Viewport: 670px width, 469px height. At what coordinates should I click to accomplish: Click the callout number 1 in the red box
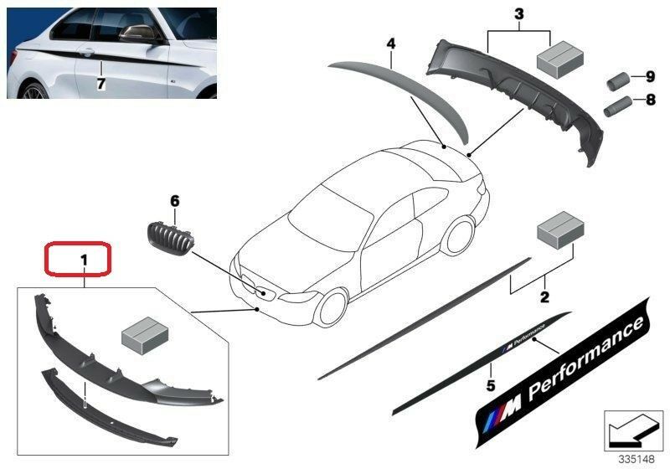pos(84,260)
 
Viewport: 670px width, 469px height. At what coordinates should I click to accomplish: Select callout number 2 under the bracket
pos(544,296)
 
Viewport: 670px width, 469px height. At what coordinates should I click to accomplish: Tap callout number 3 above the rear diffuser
pos(518,14)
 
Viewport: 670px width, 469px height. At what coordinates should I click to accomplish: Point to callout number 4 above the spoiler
pos(390,44)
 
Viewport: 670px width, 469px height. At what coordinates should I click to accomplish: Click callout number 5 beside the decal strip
pos(491,385)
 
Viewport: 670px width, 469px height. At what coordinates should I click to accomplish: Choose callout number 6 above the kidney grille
pos(175,201)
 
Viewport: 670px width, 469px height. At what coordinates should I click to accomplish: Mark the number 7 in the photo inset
pos(100,84)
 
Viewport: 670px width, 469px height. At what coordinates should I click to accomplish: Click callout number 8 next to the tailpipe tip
pos(651,100)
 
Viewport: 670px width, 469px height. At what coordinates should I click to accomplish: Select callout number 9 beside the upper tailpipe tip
pos(651,77)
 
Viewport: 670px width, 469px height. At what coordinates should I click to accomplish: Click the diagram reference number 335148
pos(636,459)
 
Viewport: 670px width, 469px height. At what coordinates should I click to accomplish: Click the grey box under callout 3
pos(559,59)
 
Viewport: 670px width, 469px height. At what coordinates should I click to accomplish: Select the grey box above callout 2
pos(560,229)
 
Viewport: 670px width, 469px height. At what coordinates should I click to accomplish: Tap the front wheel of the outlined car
pos(331,307)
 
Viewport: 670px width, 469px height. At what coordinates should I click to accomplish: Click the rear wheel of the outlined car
pos(458,236)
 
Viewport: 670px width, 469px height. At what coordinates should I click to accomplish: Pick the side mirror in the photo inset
pos(138,33)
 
